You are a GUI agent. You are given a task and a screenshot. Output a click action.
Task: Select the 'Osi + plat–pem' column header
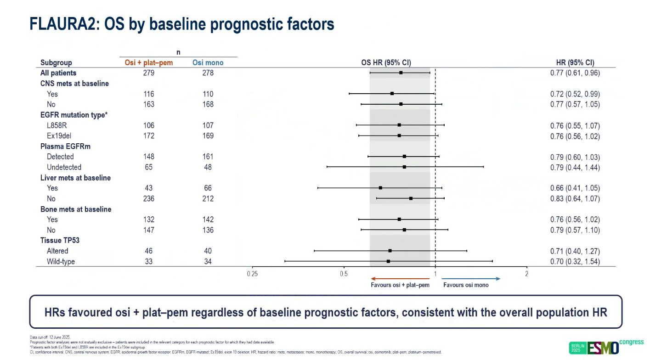(x=149, y=63)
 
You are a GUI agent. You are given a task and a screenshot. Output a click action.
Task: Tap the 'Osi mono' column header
(x=208, y=63)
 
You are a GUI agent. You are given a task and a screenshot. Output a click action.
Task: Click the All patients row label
(x=58, y=73)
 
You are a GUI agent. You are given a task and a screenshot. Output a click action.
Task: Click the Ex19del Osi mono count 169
(x=208, y=136)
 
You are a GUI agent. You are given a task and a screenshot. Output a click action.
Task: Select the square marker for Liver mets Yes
(x=380, y=188)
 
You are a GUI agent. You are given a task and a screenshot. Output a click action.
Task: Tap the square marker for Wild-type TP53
(x=388, y=261)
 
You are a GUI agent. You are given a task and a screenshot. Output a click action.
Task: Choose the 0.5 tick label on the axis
(x=344, y=274)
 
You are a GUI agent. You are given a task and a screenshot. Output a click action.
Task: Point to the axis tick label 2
(x=527, y=274)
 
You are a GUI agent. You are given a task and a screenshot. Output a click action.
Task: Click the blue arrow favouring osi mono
(x=471, y=279)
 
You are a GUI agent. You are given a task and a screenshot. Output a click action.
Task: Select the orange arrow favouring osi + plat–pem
(x=400, y=279)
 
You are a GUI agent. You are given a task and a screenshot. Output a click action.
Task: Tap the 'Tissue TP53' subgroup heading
(x=60, y=241)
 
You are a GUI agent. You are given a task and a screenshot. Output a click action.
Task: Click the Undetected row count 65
(x=149, y=167)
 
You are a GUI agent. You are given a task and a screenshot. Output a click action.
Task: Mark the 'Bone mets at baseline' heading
(x=76, y=209)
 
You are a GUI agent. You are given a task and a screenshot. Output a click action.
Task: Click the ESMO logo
(x=602, y=348)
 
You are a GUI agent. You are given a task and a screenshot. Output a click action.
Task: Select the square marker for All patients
(x=401, y=73)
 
